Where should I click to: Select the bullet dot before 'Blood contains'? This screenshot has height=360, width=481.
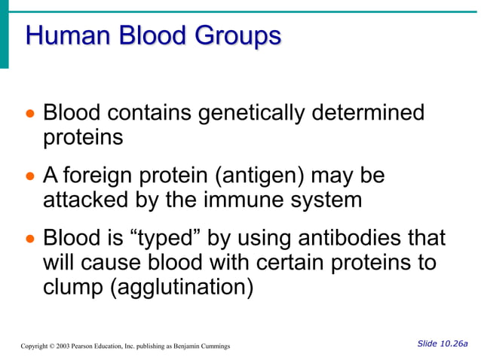pos(30,114)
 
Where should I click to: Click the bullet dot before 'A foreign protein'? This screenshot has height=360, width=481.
pos(30,177)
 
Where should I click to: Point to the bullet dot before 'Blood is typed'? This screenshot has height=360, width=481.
pos(30,239)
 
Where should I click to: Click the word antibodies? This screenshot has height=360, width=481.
pos(340,239)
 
